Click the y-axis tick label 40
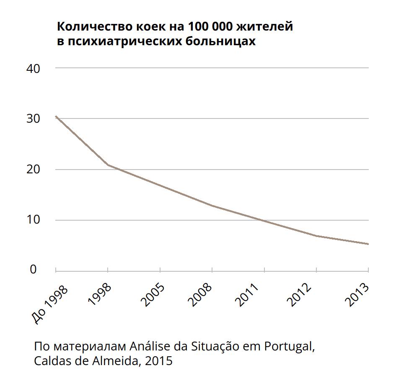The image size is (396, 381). tap(33, 69)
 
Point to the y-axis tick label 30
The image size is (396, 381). tap(33, 119)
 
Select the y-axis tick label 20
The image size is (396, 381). tap(33, 170)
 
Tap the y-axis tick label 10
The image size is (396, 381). tap(33, 220)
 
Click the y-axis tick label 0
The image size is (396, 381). tap(33, 270)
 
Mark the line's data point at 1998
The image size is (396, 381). tap(108, 165)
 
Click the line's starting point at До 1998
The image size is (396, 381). tap(56, 116)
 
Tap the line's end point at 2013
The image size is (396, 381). tap(368, 244)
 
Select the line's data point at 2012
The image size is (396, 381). tap(316, 236)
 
